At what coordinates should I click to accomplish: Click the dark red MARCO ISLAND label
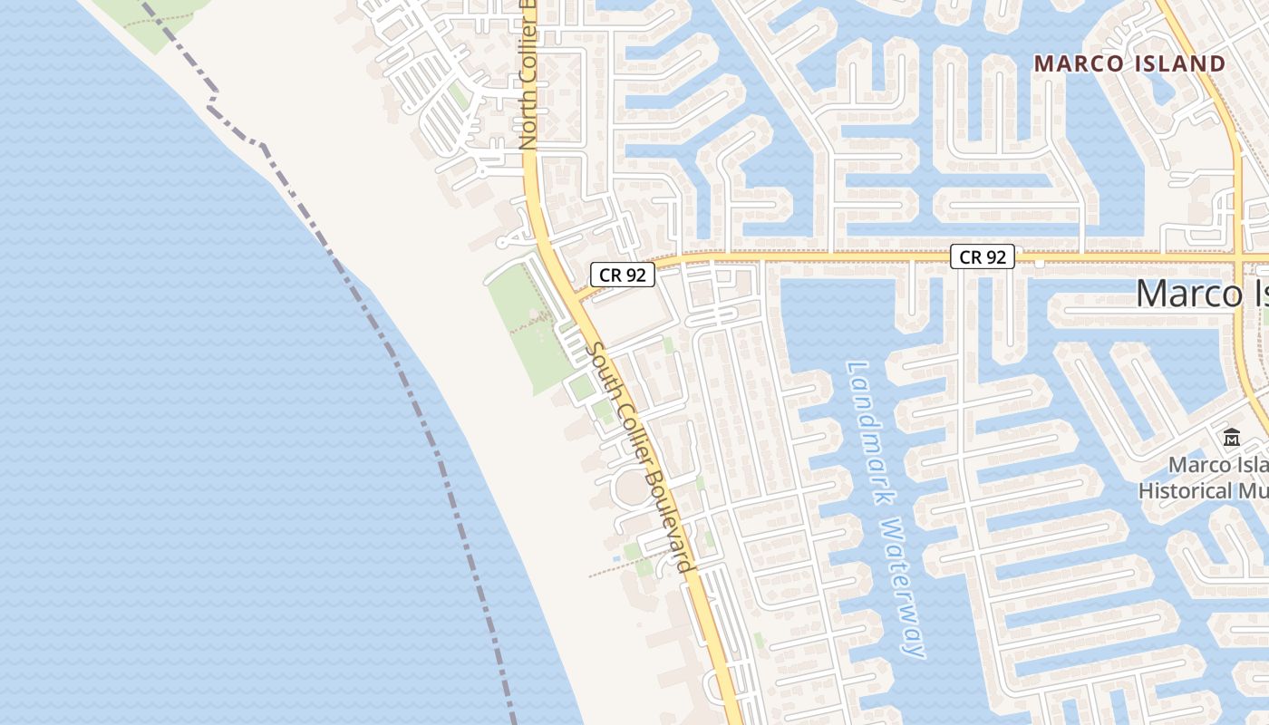click(x=1129, y=63)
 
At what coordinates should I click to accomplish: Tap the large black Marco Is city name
click(x=1201, y=294)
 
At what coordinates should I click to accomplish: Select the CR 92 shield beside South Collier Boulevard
click(x=622, y=275)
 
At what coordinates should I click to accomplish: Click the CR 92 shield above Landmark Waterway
click(x=983, y=257)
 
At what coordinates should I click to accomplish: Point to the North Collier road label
click(x=528, y=77)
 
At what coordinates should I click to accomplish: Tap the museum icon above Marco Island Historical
click(x=1231, y=439)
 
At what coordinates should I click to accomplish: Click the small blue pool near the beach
click(x=617, y=558)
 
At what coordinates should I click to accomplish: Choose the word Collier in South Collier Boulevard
click(x=628, y=428)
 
